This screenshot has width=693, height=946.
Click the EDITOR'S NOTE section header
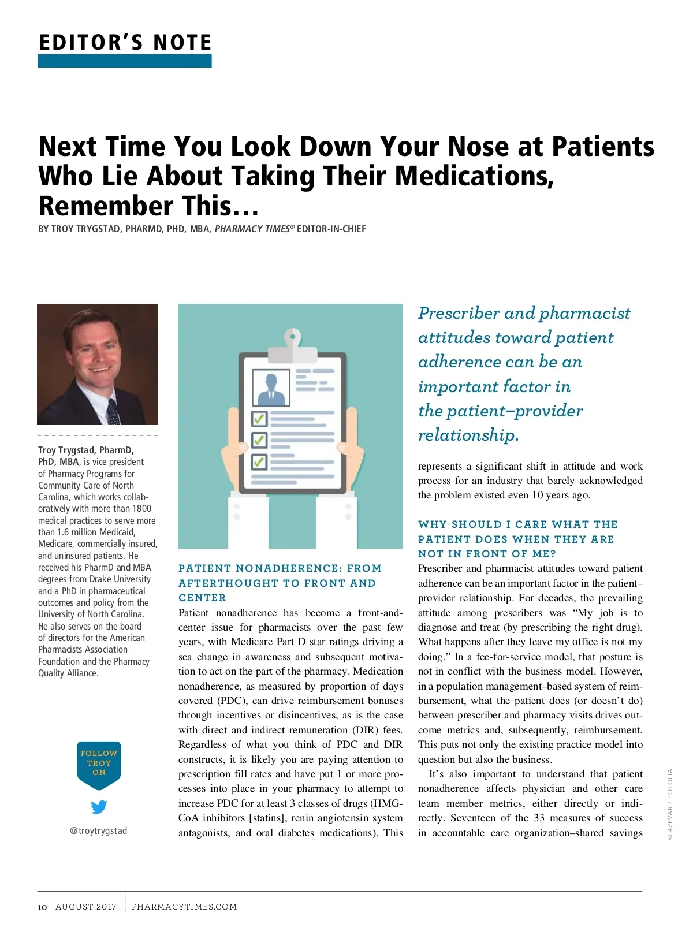point(125,43)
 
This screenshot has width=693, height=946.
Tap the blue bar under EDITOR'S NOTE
point(125,61)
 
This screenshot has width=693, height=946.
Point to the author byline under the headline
point(202,229)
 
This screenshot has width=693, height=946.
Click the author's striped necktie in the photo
point(113,411)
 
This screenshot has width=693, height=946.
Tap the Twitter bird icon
point(99,807)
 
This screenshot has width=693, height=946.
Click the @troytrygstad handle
point(99,831)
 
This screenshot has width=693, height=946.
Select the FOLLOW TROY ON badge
point(99,763)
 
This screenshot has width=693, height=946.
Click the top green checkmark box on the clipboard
point(259,418)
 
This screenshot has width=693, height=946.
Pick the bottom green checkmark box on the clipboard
point(259,461)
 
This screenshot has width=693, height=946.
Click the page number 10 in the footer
point(42,907)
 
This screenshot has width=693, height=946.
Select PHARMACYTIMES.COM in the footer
point(184,907)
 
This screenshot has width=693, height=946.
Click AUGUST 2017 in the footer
point(86,907)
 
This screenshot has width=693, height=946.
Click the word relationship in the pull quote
point(468,435)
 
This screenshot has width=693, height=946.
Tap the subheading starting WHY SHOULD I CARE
point(517,539)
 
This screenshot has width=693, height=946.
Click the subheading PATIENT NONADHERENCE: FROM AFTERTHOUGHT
point(280,583)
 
